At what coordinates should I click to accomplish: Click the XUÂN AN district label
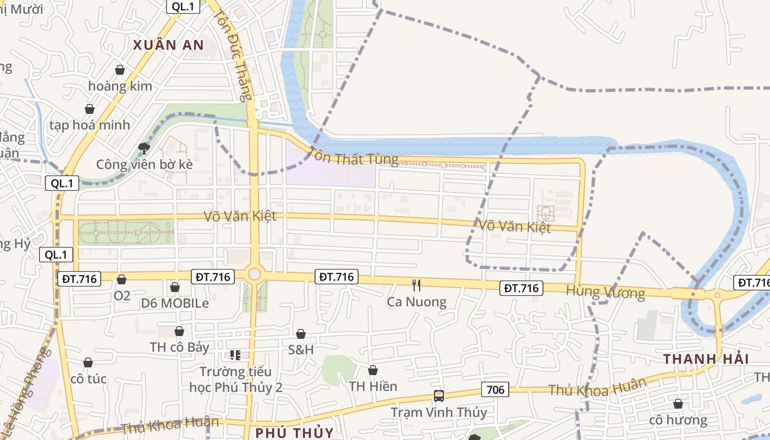(168, 45)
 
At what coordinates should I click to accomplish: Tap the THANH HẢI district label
(706, 359)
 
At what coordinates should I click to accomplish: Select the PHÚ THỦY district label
(294, 432)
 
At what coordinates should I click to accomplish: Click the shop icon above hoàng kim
(120, 70)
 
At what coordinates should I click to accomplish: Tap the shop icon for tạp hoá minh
(90, 109)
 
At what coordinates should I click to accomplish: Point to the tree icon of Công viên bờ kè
(144, 147)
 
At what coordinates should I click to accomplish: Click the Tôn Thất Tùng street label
(353, 156)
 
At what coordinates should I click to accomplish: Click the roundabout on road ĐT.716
(254, 274)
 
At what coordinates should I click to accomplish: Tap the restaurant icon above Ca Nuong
(416, 285)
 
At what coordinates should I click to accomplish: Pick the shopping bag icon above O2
(122, 279)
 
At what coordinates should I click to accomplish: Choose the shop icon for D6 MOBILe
(175, 287)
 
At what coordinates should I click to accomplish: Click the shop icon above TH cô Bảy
(179, 331)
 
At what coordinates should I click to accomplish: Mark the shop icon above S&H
(301, 334)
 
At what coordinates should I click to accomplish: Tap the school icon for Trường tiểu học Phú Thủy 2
(235, 355)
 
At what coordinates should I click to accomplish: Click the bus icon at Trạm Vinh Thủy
(439, 395)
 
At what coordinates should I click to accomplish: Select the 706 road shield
(495, 390)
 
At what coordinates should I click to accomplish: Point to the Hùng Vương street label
(605, 291)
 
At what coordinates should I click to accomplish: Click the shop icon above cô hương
(678, 404)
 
